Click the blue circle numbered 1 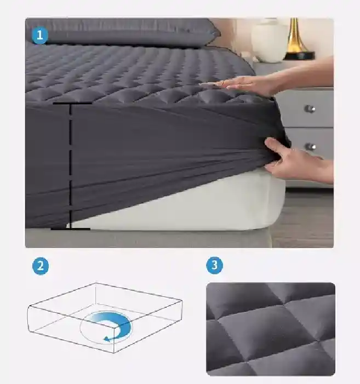coord(39,36)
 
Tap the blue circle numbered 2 coord(41,266)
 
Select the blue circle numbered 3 coord(215,265)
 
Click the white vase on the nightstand coord(269,41)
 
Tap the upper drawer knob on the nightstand coord(310,108)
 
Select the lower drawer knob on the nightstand coord(311,146)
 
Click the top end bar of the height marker coord(72,104)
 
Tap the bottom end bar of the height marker coord(71,229)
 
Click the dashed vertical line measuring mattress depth coord(71,167)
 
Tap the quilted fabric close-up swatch coord(271,329)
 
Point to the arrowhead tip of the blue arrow coord(105,340)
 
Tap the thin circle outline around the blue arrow coord(80,327)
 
